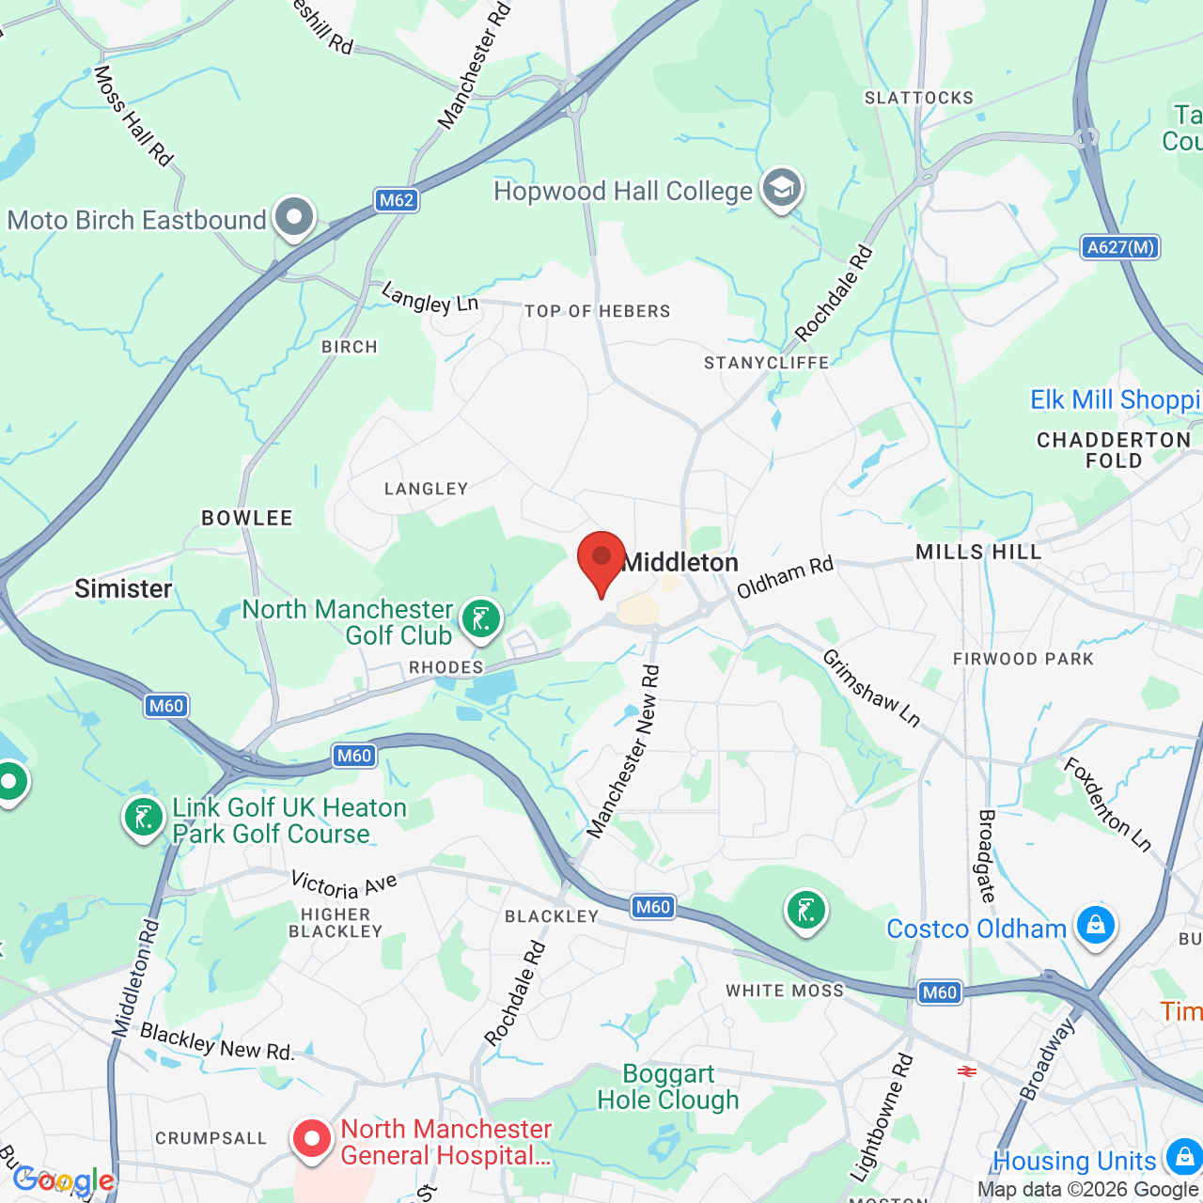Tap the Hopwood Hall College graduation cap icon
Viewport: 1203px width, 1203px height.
tap(781, 189)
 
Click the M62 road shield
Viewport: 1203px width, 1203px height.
tap(397, 200)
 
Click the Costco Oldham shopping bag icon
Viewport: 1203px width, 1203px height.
tap(1095, 926)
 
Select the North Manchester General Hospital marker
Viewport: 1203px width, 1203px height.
tap(311, 1139)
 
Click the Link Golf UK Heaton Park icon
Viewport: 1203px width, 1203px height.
tap(144, 818)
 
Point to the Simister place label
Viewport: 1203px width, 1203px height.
tap(123, 588)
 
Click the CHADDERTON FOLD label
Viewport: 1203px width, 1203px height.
tap(1114, 450)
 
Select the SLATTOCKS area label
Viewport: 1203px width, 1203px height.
tap(919, 98)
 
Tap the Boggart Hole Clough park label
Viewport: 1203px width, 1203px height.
tap(668, 1086)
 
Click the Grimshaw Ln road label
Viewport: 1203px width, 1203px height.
tap(871, 688)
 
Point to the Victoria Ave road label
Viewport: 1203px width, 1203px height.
tap(344, 884)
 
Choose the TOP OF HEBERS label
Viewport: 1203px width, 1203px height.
tap(598, 311)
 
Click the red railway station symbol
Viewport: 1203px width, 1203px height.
tap(966, 1071)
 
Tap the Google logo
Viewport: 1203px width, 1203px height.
tap(64, 1180)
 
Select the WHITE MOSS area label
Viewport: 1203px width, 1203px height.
tap(785, 991)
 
